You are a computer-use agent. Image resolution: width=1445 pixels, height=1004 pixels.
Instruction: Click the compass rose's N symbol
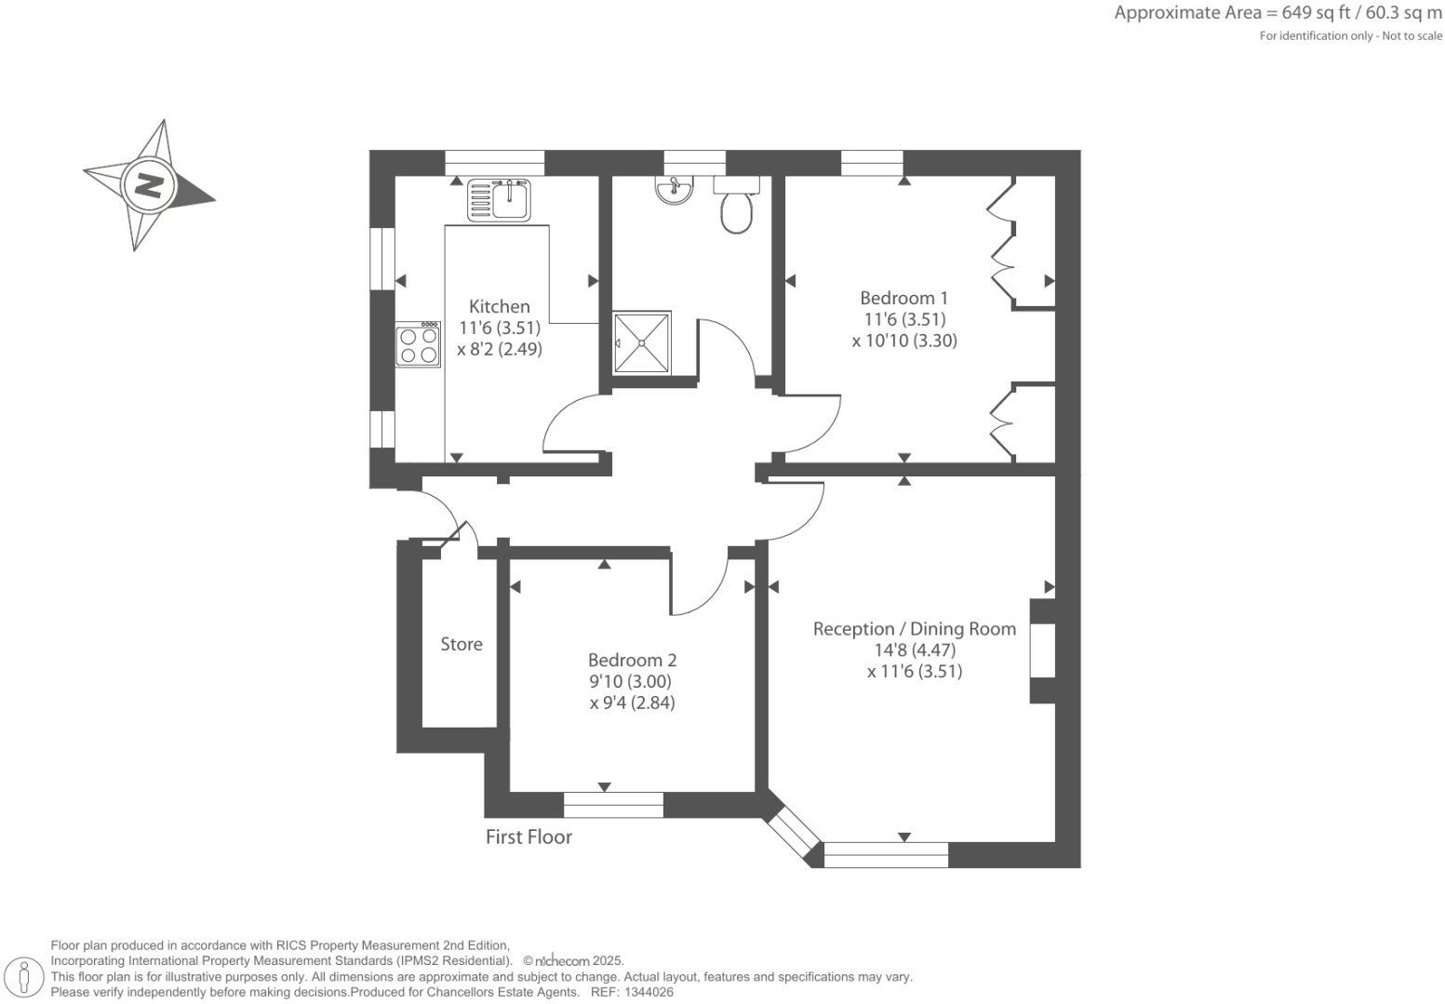pos(148,184)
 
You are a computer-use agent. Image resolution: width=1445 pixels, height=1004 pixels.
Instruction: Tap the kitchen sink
pos(511,199)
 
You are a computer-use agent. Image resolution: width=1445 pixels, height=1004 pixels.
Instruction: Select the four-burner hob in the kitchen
pos(418,344)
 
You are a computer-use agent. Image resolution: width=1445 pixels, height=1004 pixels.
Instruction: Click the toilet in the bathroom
pos(736,208)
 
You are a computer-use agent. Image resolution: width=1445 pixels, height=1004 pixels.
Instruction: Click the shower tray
pos(642,342)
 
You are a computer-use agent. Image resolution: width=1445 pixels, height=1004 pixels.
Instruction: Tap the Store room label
pos(462,644)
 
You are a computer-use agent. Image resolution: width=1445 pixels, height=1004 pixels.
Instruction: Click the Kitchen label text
pos(500,306)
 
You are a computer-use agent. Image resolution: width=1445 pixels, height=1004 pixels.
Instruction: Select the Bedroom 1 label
pos(903,298)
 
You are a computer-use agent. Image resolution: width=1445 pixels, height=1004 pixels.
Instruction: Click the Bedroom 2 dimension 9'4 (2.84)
pos(632,703)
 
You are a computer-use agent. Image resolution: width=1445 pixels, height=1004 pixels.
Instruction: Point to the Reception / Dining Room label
pos(914,629)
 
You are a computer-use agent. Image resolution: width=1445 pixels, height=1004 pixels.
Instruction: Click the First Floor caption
pos(528,837)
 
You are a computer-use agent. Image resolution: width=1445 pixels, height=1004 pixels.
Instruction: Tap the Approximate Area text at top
pos(1278,13)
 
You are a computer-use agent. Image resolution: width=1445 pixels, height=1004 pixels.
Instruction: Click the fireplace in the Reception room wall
pos(1043,650)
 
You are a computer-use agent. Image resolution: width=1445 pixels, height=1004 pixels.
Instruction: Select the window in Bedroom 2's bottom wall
pos(613,804)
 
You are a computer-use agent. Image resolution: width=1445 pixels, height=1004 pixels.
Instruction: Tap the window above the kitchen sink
pos(494,163)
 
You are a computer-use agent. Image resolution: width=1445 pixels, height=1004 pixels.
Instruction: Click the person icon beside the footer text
pos(25,977)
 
